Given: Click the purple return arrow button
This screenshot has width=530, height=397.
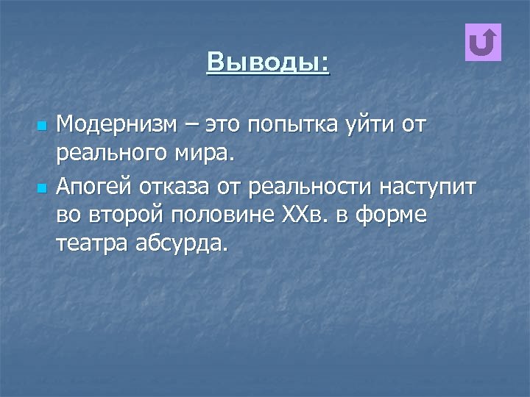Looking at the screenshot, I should click(484, 43).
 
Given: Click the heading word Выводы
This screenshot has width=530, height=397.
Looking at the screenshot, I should click(268, 62).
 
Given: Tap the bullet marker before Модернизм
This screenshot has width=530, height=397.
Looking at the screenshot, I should click(41, 126).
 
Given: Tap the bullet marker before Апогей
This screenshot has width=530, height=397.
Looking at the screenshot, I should click(41, 189).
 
